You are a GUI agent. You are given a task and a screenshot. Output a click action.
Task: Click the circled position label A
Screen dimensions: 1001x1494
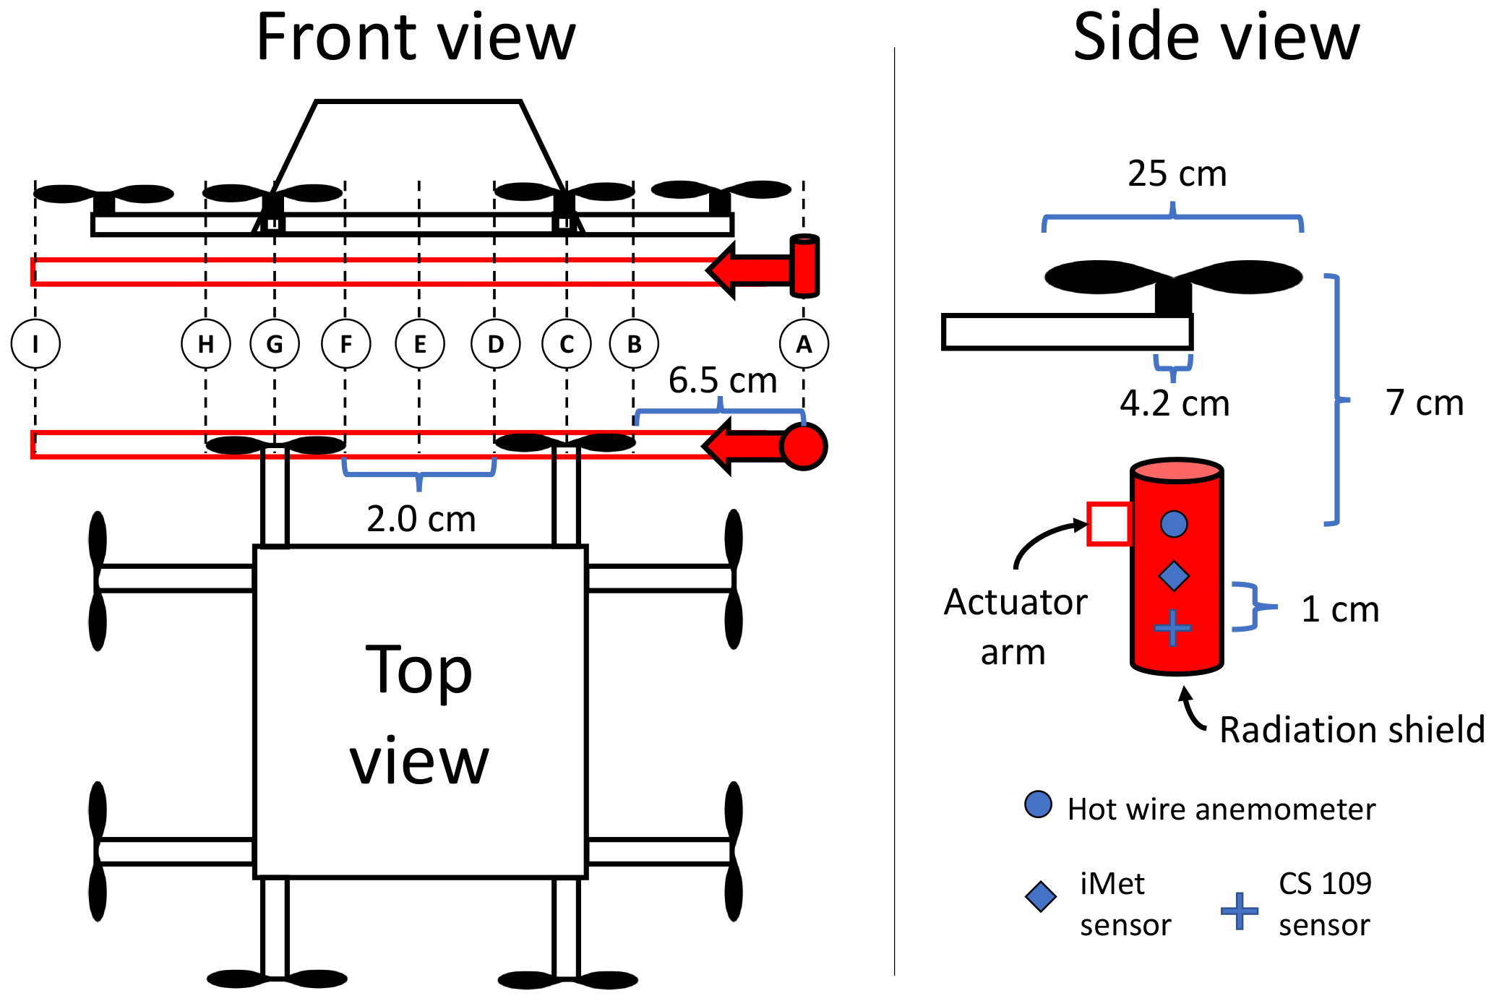click(x=804, y=344)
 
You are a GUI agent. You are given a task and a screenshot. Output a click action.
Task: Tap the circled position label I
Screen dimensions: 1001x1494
click(x=35, y=344)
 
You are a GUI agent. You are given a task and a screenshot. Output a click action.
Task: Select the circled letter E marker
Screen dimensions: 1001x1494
click(x=420, y=344)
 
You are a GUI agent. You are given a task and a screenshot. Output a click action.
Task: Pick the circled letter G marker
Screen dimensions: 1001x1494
click(x=275, y=344)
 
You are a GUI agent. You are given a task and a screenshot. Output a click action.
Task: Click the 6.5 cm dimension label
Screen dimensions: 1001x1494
click(x=722, y=380)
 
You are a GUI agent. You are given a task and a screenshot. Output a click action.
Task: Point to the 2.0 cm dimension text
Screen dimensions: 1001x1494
click(x=421, y=519)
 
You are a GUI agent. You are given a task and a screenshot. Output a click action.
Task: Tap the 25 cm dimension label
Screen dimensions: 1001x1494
click(x=1177, y=174)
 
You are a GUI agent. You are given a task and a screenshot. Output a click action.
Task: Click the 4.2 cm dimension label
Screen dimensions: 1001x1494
click(x=1175, y=403)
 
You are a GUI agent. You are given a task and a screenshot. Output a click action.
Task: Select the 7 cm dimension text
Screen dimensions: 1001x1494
click(x=1425, y=403)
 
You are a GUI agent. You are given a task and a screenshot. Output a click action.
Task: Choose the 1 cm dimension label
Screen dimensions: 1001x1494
click(x=1340, y=609)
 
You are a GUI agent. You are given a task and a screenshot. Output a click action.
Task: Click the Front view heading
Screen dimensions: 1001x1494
click(x=416, y=38)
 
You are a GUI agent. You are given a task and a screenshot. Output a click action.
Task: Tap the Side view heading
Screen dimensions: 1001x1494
click(x=1216, y=38)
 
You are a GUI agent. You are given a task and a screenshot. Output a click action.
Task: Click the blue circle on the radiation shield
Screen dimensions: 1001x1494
click(x=1174, y=524)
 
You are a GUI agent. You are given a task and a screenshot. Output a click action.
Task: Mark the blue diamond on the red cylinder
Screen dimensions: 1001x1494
click(x=1173, y=576)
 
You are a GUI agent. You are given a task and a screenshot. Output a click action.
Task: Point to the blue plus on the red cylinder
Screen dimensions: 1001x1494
click(x=1172, y=627)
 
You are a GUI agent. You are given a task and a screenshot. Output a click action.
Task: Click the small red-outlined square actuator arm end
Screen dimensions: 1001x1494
click(x=1109, y=523)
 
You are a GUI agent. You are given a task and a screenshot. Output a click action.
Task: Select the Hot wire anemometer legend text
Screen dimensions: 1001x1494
click(x=1222, y=809)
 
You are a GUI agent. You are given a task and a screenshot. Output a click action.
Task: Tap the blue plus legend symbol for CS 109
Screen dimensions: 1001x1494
click(x=1240, y=911)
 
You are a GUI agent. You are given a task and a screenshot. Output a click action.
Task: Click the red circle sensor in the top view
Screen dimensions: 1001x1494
click(x=804, y=446)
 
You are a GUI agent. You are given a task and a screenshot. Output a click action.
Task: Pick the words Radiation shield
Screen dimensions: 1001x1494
click(x=1352, y=730)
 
